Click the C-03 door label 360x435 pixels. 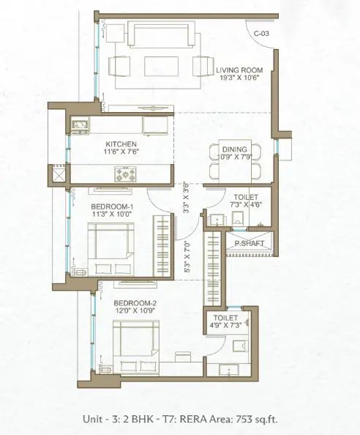261,34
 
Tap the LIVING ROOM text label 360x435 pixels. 239,70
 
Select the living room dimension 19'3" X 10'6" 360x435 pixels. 239,78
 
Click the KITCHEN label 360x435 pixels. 121,144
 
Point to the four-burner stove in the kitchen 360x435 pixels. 125,174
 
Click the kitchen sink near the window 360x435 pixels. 80,125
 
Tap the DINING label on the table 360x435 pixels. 235,149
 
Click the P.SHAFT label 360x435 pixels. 250,244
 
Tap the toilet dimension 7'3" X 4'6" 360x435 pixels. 246,204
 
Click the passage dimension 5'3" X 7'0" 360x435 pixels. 187,256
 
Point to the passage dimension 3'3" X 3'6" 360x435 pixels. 186,198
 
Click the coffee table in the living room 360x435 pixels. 161,66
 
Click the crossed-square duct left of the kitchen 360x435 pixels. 59,175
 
